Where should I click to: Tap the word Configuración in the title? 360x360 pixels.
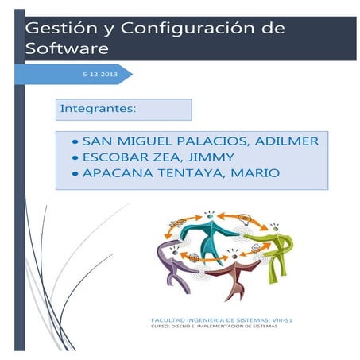(170, 29)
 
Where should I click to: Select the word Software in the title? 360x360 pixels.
(65, 48)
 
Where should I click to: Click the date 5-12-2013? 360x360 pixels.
(99, 73)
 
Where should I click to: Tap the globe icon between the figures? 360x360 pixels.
(192, 257)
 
